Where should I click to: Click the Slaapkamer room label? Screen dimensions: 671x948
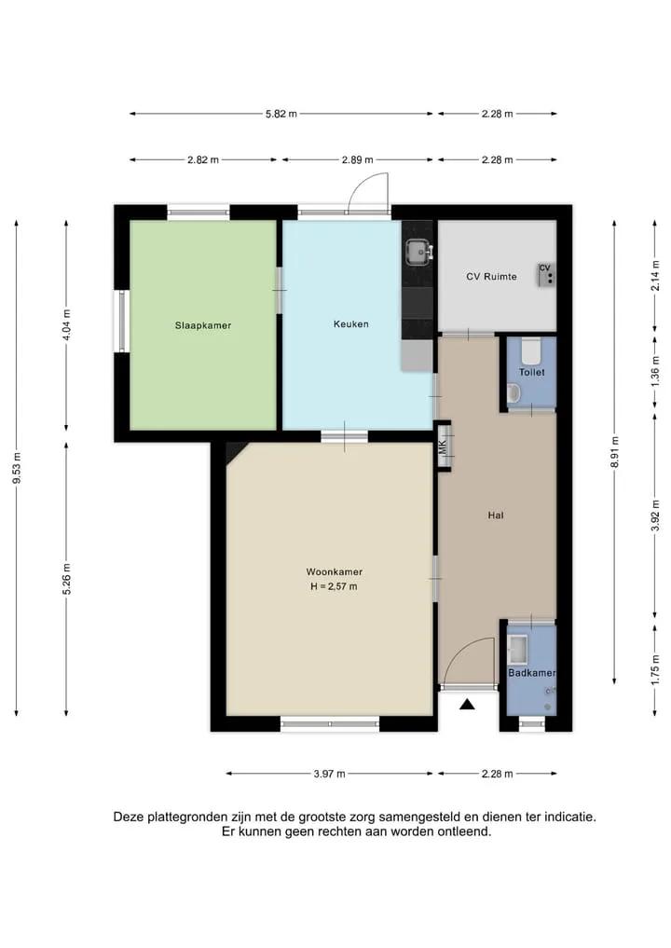203,325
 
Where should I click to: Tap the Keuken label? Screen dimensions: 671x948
350,324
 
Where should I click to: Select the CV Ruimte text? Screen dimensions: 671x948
491,276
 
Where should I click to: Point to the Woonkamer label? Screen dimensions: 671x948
335,571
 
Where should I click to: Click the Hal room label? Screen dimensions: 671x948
496,515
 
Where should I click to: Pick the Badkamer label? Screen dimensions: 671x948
531,672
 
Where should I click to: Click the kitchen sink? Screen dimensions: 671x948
418,252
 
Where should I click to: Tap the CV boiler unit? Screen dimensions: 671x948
546,274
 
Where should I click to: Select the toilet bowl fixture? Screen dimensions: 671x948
532,350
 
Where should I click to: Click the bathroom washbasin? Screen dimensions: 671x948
517,648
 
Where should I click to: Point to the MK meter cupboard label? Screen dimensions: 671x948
443,447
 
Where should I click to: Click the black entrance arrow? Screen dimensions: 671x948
467,704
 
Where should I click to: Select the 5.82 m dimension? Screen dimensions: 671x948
281,114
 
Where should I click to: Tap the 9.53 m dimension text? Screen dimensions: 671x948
17,468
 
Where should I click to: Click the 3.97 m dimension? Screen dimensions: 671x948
330,774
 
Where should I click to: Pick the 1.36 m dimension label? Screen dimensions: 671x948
654,376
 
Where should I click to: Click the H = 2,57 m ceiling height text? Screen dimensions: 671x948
334,586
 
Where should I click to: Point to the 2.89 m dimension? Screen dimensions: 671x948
357,160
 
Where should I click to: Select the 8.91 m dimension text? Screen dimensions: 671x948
615,452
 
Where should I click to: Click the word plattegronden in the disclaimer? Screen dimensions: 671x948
185,817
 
